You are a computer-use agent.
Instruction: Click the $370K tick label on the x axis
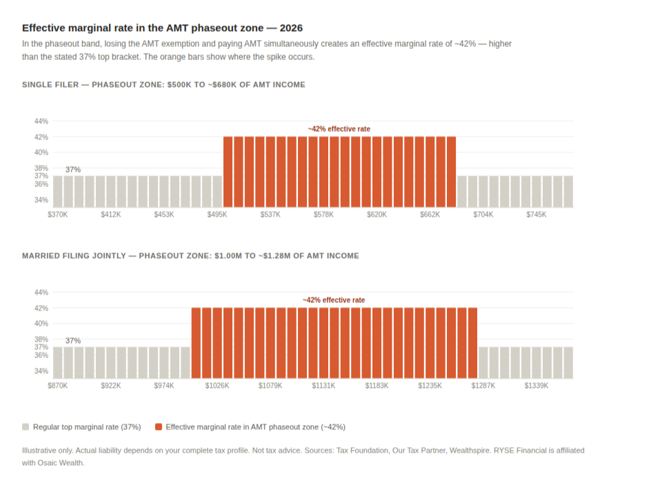tap(57, 215)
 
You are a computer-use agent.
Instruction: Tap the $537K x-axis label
tap(270, 215)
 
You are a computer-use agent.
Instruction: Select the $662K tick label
tap(430, 215)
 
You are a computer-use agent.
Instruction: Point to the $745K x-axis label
tap(536, 215)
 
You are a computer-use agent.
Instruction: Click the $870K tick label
tap(57, 386)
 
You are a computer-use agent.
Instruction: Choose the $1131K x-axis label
tap(323, 386)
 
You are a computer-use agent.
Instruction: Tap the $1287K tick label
tap(483, 386)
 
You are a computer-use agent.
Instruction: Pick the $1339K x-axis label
tap(536, 386)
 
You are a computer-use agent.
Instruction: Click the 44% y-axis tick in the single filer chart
tap(41, 121)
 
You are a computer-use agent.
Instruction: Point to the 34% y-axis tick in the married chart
tap(41, 371)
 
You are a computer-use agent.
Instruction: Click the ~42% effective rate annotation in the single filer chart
tap(339, 129)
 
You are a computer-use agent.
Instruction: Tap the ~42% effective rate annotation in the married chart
tap(333, 300)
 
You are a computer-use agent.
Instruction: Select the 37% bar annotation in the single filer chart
tap(73, 169)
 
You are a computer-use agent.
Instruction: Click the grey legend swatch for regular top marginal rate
tap(26, 427)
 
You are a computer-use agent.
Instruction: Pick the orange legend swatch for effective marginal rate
tap(159, 427)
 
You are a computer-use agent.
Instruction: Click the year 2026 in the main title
tap(292, 28)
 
